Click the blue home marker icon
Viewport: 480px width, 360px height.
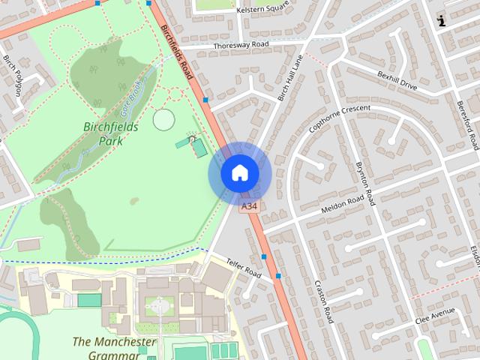point(239,173)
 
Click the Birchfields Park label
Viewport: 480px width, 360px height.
point(110,133)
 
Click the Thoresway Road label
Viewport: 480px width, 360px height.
point(240,44)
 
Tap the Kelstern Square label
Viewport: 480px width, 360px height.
point(262,10)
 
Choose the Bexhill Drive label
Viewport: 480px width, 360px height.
point(397,82)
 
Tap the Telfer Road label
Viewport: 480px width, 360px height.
point(244,268)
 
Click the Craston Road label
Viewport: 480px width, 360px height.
point(324,301)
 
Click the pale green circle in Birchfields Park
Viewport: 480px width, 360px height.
point(163,118)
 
